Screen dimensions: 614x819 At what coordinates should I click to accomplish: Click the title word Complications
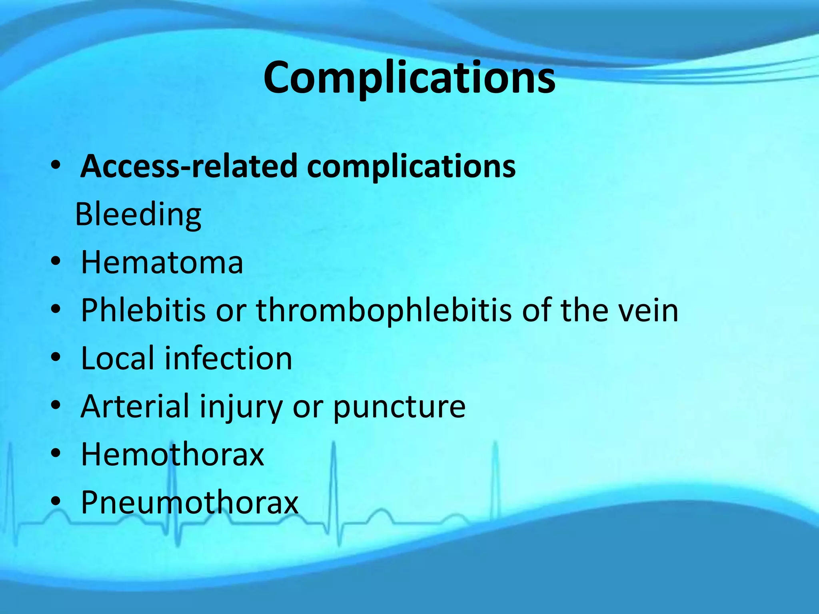point(409,78)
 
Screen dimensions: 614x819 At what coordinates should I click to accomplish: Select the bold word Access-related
point(188,166)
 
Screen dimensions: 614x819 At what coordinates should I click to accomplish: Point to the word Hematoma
point(162,263)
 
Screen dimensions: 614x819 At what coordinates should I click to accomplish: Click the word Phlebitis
point(143,310)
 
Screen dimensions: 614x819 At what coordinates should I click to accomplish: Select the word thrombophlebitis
point(384,310)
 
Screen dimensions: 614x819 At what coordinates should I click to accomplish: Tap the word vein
point(648,310)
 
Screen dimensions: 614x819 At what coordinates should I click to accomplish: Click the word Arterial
point(135,406)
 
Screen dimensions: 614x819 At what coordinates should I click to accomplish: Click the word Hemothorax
point(172,455)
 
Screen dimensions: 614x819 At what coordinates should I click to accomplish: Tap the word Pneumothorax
point(190,502)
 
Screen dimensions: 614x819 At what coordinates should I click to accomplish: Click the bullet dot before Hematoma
point(56,261)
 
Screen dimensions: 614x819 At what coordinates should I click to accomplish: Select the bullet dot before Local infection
point(56,357)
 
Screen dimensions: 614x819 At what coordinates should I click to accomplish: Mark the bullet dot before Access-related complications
point(56,165)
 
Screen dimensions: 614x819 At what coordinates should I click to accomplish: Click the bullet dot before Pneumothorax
point(56,501)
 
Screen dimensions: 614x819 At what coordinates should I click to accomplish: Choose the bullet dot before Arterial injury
point(56,405)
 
